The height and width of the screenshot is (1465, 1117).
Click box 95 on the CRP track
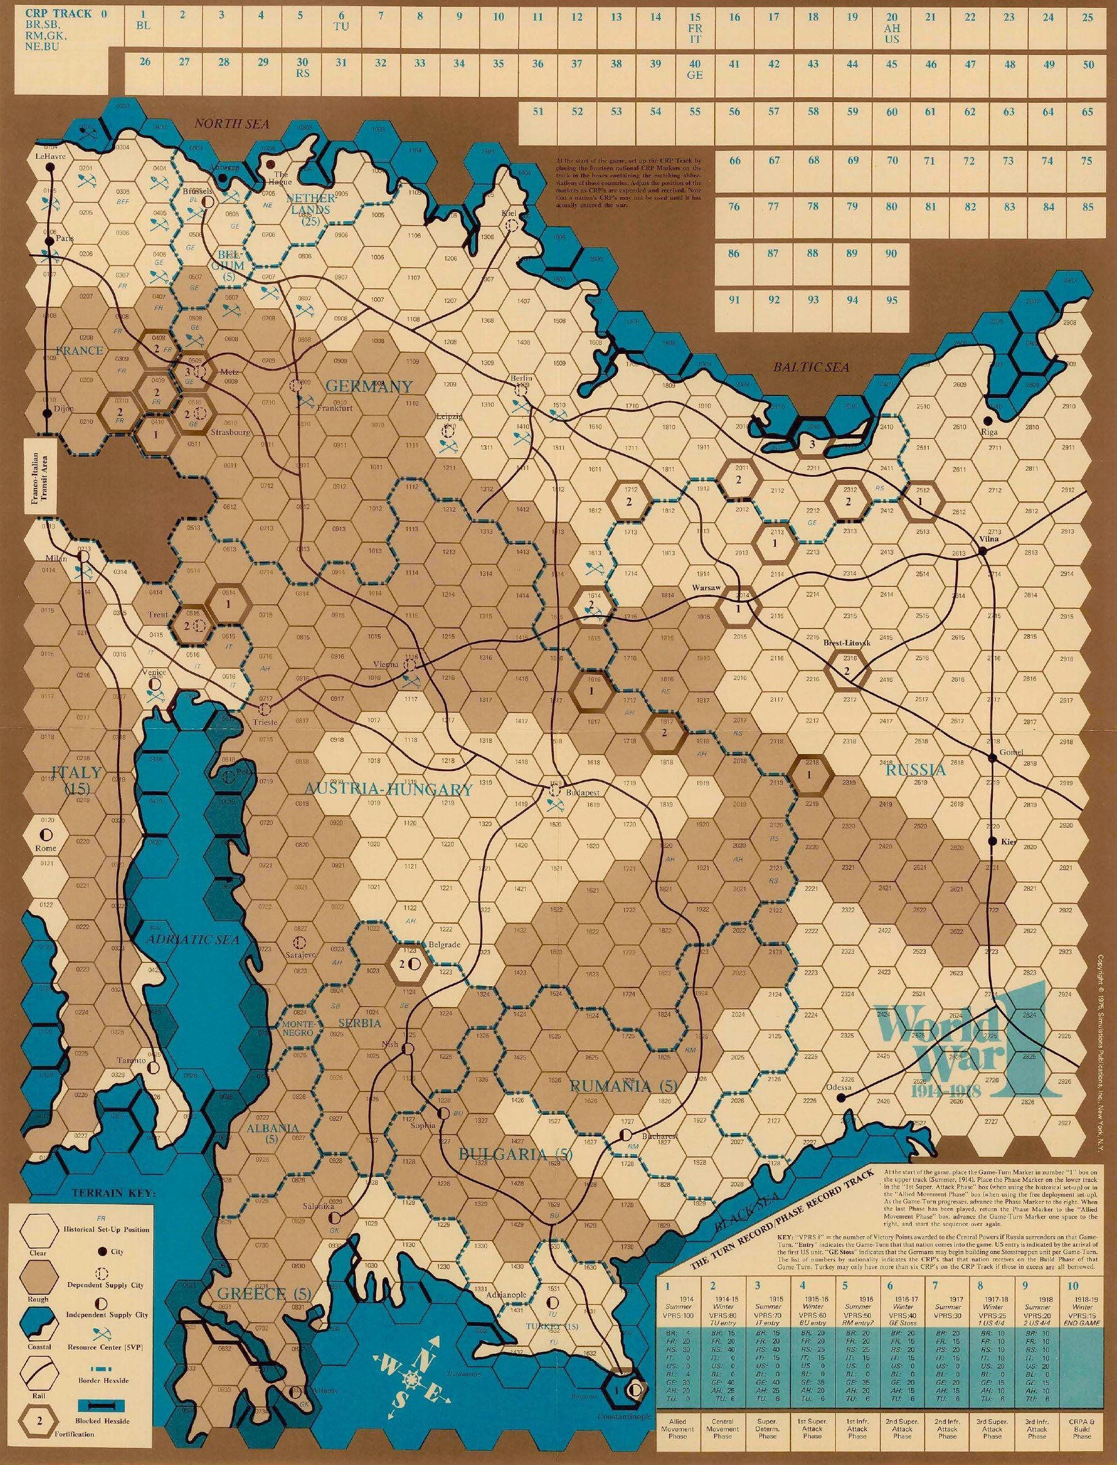pyautogui.click(x=891, y=301)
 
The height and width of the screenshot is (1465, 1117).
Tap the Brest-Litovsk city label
pyautogui.click(x=841, y=644)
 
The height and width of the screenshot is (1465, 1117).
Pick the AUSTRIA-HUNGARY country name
pyautogui.click(x=389, y=790)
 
